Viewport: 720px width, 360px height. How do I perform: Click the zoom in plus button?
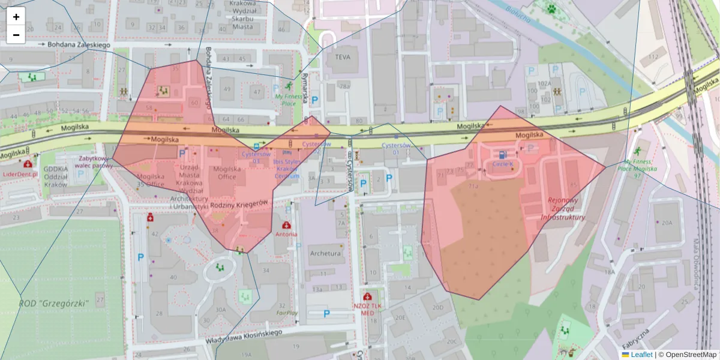pyautogui.click(x=16, y=17)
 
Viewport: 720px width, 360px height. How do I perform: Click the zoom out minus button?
pyautogui.click(x=16, y=35)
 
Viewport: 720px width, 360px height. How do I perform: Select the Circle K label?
pyautogui.click(x=503, y=163)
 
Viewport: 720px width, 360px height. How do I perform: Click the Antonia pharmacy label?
pyautogui.click(x=286, y=234)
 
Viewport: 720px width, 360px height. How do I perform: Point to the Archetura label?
pyautogui.click(x=326, y=253)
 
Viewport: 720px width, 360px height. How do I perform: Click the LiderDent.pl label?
pyautogui.click(x=20, y=174)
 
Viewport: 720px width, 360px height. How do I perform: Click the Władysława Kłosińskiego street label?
pyautogui.click(x=244, y=337)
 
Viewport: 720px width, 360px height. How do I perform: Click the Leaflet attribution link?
pyautogui.click(x=641, y=355)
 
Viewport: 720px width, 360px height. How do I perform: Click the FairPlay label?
pyautogui.click(x=287, y=313)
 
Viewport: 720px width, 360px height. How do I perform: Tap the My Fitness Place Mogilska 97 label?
pyautogui.click(x=637, y=169)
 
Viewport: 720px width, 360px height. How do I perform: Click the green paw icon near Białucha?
pyautogui.click(x=551, y=8)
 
